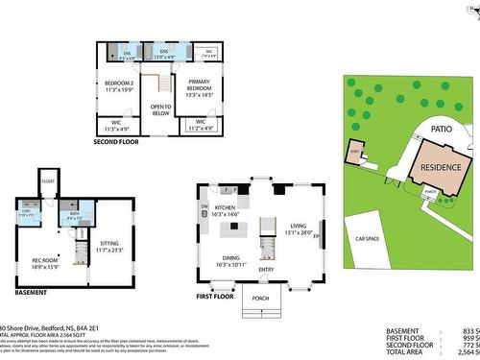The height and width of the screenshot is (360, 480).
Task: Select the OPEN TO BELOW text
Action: tap(159, 108)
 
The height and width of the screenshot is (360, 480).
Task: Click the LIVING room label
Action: tap(299, 226)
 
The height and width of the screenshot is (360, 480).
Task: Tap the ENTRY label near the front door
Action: tap(266, 269)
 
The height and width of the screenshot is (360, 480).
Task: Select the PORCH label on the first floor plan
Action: tap(261, 298)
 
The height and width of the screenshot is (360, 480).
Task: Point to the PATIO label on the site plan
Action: tap(441, 128)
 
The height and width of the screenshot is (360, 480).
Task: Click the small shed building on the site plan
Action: tap(355, 153)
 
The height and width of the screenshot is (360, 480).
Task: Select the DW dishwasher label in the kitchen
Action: tap(204, 206)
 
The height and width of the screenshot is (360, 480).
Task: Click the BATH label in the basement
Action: tap(74, 213)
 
